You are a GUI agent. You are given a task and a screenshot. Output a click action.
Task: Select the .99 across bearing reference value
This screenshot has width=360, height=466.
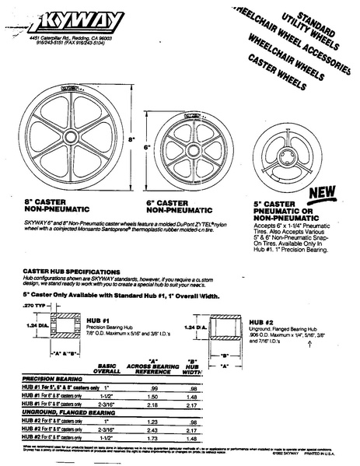pos(152,387)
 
